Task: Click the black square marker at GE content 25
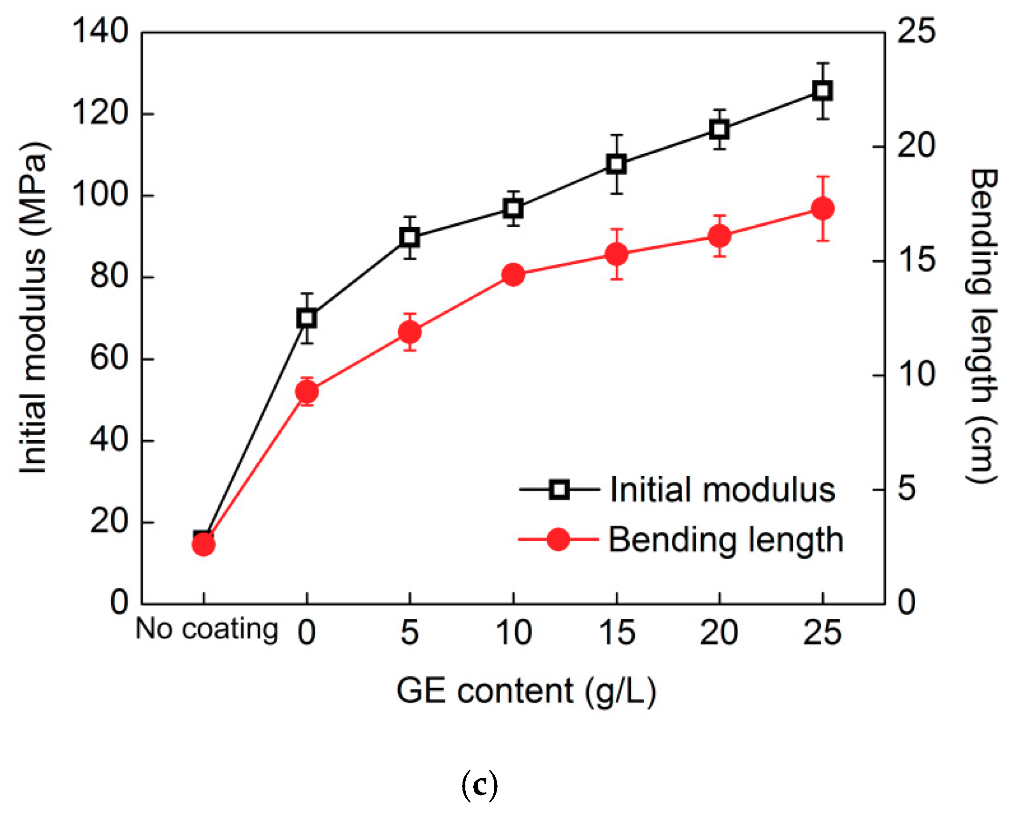pos(823,91)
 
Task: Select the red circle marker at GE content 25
pos(823,208)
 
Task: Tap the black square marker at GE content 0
pos(307,318)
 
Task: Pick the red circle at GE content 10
pos(513,274)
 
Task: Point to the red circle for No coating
pos(203,544)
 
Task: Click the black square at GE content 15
pos(616,164)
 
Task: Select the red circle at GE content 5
pos(410,332)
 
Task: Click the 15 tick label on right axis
pos(916,261)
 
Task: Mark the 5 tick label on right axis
pos(906,489)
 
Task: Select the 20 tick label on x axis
pos(719,632)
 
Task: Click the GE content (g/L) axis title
pos(526,691)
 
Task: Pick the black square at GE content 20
pos(719,129)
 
